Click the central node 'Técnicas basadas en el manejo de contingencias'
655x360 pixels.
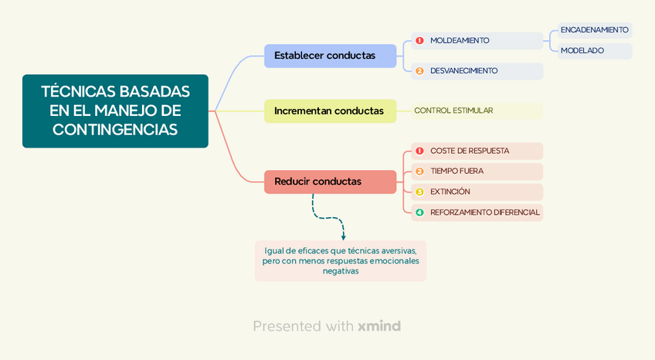115,110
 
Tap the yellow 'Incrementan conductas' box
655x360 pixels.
330,110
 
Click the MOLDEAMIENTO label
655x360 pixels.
460,40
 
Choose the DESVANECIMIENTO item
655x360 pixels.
463,71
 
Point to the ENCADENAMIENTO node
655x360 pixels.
594,30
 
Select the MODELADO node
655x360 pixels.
582,51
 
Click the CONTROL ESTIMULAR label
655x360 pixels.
453,110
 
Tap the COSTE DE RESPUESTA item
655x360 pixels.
470,151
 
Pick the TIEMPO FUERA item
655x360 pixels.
456,171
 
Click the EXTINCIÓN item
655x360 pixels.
450,192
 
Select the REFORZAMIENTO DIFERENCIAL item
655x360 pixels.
484,212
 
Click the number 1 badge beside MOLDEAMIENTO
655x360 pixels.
419,40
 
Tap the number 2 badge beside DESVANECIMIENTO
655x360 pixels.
419,71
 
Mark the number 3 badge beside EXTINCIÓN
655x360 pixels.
419,192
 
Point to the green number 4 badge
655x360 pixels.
419,212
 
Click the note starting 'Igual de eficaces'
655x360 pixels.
341,260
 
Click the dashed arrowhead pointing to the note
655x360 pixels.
343,236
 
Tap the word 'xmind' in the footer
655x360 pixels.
379,326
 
